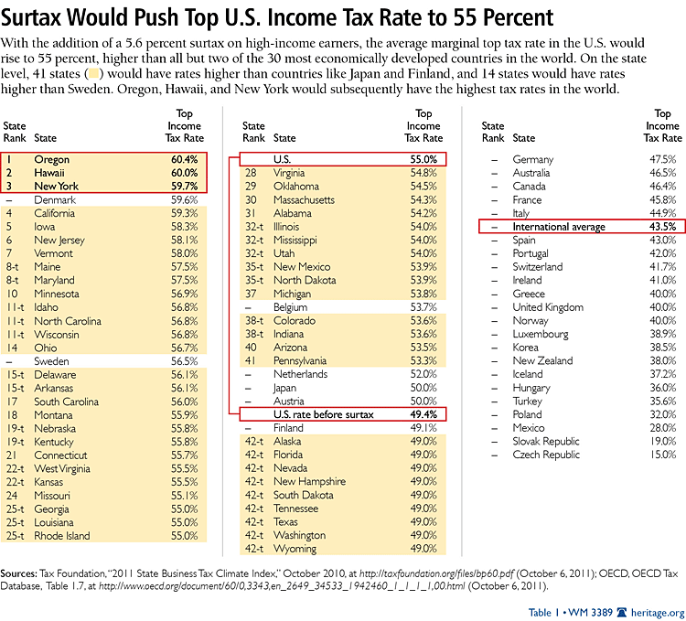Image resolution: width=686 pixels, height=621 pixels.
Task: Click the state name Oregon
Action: click(x=51, y=160)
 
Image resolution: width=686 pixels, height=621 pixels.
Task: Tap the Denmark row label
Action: click(x=54, y=200)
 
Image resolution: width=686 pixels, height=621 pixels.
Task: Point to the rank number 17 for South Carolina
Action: click(x=12, y=402)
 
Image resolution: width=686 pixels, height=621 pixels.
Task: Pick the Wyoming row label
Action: click(x=295, y=549)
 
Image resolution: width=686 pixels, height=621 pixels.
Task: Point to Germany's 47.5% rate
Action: click(x=664, y=160)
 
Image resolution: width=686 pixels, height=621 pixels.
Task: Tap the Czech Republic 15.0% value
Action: click(x=664, y=455)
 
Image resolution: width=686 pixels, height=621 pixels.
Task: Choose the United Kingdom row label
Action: click(x=548, y=307)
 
